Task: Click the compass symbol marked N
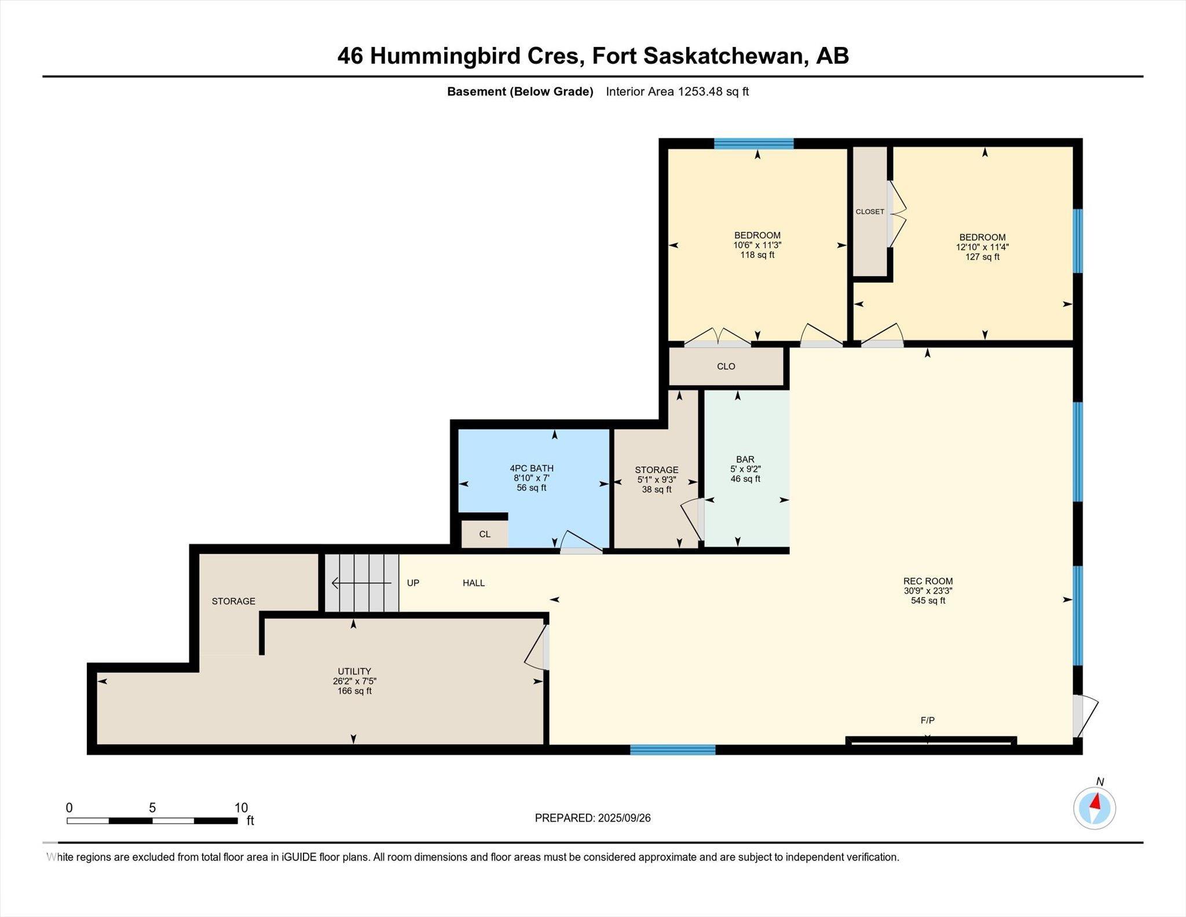coord(1095,808)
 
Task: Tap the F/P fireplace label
coord(927,720)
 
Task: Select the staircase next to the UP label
coord(361,583)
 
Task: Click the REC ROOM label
coord(928,581)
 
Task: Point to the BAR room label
coord(745,459)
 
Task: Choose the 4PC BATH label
coord(532,468)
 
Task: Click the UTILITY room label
coord(354,671)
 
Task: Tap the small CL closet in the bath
coord(485,534)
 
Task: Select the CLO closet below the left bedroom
coord(726,366)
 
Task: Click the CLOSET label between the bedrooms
coord(870,211)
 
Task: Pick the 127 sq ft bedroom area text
coord(982,257)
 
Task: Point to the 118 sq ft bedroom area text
coord(757,254)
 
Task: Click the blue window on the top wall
coord(753,144)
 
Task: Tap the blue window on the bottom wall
coord(672,750)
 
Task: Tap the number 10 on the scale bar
coord(241,808)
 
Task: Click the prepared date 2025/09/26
coord(624,818)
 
